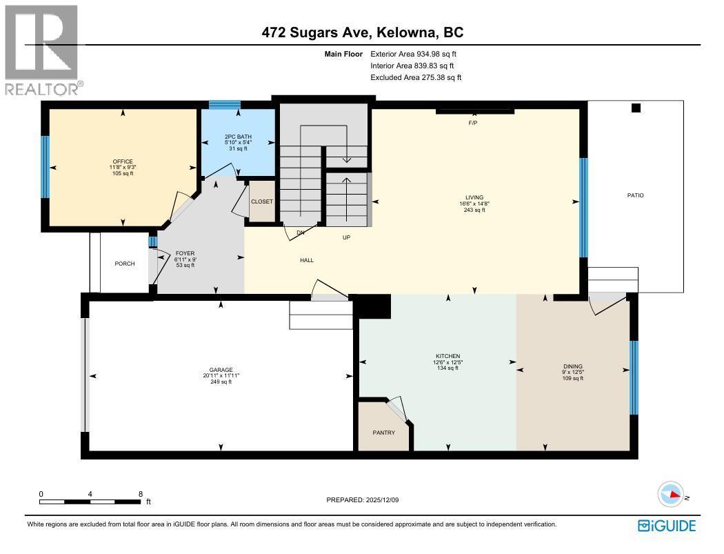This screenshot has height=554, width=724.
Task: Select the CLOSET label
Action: (x=262, y=201)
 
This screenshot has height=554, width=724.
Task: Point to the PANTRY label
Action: (x=383, y=433)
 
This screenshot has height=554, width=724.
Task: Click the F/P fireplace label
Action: (x=473, y=122)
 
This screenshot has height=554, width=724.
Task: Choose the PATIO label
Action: (x=635, y=195)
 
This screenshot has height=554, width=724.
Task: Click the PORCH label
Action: (x=125, y=264)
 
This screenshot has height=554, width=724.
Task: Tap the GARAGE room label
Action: (x=221, y=370)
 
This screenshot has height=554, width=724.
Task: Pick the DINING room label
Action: (x=572, y=366)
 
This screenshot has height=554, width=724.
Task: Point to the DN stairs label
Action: (x=301, y=233)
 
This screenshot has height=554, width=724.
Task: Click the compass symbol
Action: (x=670, y=495)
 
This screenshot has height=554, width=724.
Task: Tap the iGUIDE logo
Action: (x=667, y=526)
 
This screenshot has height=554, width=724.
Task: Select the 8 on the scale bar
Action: (x=141, y=494)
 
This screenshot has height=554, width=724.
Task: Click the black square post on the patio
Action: (x=636, y=108)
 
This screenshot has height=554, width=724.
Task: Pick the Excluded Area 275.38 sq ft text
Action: (x=416, y=78)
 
